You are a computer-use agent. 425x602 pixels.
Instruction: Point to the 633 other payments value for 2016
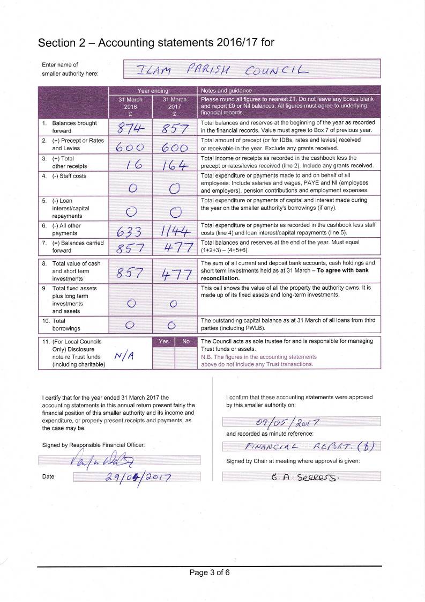[130, 232]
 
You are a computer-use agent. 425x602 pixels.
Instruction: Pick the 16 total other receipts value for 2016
[131, 163]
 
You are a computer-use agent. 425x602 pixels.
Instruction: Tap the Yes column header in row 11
[163, 341]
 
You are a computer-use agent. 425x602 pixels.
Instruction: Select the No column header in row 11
[186, 341]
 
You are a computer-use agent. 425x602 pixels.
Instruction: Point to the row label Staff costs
[69, 176]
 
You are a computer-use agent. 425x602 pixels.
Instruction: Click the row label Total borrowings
[58, 324]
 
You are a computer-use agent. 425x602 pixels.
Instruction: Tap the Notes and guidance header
[226, 91]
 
